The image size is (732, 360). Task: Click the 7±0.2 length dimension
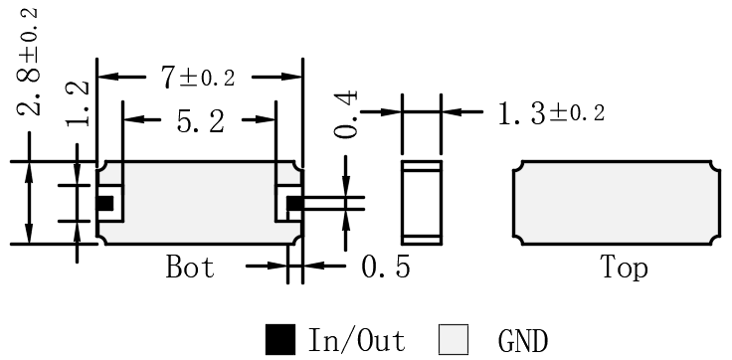[198, 77]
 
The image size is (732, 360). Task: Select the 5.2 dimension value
[200, 122]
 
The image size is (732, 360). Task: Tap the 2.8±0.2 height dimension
[28, 62]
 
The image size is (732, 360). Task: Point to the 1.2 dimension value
[77, 103]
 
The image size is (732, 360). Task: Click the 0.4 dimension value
[346, 114]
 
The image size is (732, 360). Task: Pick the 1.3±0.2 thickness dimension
[551, 113]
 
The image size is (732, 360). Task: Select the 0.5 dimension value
[386, 268]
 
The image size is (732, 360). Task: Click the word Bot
[190, 268]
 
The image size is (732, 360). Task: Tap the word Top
[625, 268]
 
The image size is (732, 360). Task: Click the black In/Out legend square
[280, 339]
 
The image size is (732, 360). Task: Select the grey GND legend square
[454, 339]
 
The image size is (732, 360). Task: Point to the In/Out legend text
[356, 340]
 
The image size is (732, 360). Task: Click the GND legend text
[523, 340]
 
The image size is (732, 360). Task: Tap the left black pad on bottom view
[105, 203]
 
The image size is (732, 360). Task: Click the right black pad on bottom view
[294, 203]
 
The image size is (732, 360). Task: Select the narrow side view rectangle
[422, 203]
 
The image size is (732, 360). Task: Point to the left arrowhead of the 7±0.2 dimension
[106, 77]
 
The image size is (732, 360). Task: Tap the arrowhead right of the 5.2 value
[267, 120]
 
